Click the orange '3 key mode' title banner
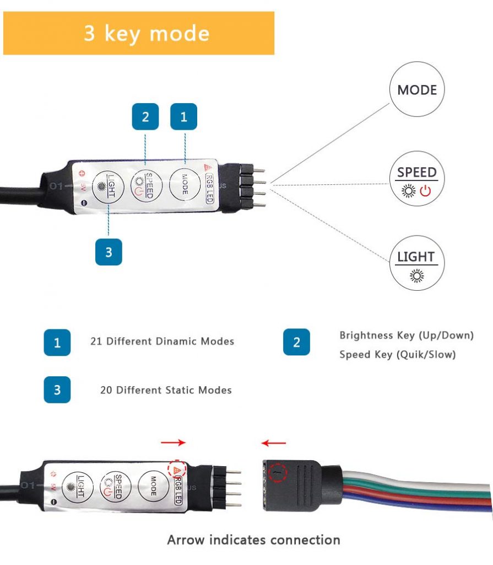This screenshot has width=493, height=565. pyautogui.click(x=139, y=33)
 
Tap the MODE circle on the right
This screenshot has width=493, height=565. pyautogui.click(x=417, y=89)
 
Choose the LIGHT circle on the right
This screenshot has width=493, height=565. pyautogui.click(x=416, y=262)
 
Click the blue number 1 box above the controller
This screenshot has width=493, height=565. pyautogui.click(x=183, y=116)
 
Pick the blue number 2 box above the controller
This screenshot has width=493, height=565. pyautogui.click(x=145, y=116)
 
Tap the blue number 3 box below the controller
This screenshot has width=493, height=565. pyautogui.click(x=109, y=252)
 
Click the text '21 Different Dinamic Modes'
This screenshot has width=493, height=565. pyautogui.click(x=162, y=342)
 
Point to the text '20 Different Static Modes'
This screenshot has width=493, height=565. pyautogui.click(x=166, y=390)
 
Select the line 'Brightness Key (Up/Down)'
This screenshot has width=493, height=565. pyautogui.click(x=407, y=335)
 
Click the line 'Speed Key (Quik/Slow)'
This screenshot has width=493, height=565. pyautogui.click(x=398, y=355)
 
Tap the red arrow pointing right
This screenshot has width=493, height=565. pyautogui.click(x=173, y=443)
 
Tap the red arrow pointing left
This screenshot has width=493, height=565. pyautogui.click(x=274, y=443)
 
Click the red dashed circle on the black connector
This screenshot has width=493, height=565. pyautogui.click(x=277, y=472)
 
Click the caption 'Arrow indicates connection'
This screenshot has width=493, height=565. pyautogui.click(x=253, y=540)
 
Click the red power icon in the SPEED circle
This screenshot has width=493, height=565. pyautogui.click(x=425, y=191)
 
